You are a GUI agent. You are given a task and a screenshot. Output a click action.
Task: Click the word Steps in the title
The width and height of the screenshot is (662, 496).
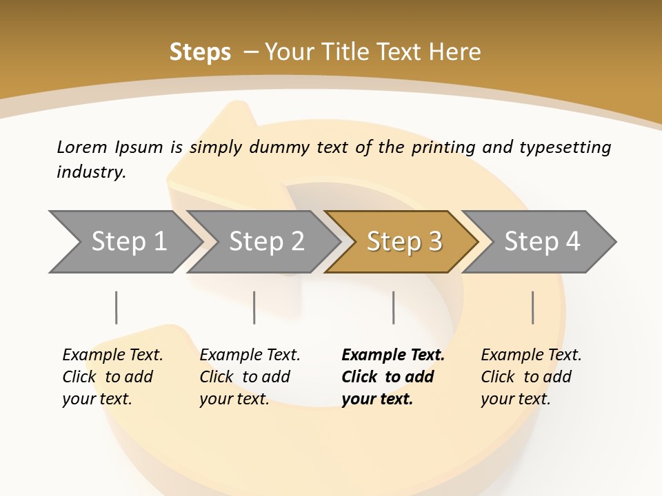click(200, 52)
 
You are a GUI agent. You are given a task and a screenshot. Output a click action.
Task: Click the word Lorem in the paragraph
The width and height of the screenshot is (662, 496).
click(82, 147)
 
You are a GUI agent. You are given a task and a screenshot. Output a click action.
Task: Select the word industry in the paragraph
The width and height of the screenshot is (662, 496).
click(91, 172)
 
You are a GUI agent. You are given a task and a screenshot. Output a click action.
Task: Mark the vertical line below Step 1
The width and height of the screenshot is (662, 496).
click(116, 307)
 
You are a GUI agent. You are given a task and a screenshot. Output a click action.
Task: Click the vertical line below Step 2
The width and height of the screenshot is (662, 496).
click(254, 307)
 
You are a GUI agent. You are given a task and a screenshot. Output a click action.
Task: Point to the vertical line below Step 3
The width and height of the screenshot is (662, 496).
click(393, 307)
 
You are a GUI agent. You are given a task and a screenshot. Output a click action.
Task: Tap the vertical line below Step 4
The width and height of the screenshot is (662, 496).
click(532, 307)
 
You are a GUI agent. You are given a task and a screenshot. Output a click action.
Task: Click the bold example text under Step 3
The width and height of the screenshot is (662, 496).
click(392, 377)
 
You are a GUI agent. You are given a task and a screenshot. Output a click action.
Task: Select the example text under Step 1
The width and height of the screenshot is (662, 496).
click(112, 377)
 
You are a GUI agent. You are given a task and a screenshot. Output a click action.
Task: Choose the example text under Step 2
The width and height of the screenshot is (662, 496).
click(250, 377)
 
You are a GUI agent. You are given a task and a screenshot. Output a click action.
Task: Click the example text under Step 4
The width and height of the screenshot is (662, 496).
click(530, 377)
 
